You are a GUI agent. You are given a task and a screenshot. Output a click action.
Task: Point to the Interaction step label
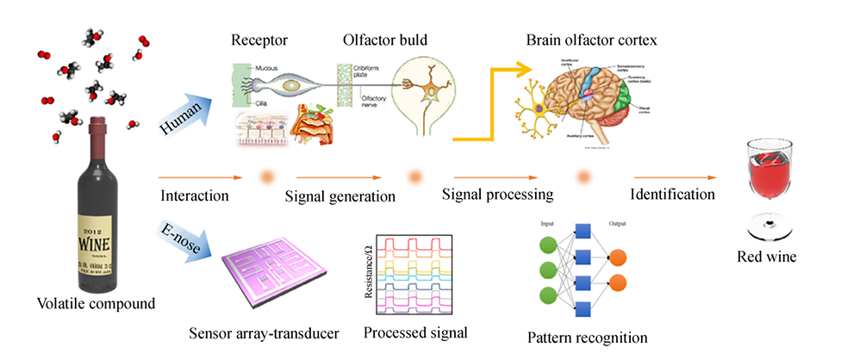pos(195,195)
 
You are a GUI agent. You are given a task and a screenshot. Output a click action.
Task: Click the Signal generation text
pos(340,196)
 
